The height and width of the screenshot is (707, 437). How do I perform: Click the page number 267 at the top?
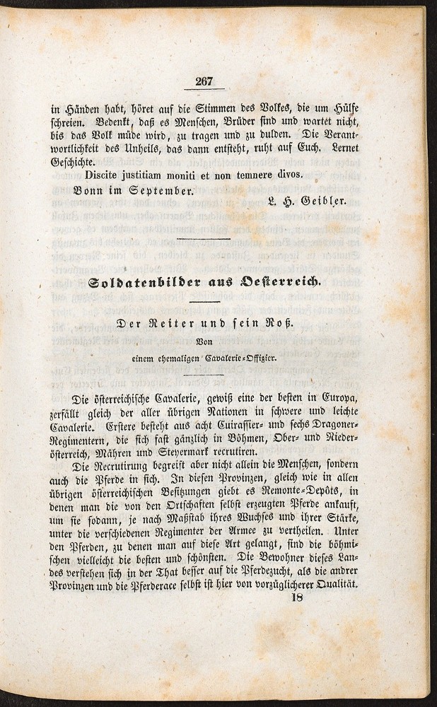pos(204,81)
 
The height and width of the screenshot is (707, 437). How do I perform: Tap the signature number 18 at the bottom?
pos(297,597)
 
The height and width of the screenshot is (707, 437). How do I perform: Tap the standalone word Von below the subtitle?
pos(204,344)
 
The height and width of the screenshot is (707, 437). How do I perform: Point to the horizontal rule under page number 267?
pos(204,90)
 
